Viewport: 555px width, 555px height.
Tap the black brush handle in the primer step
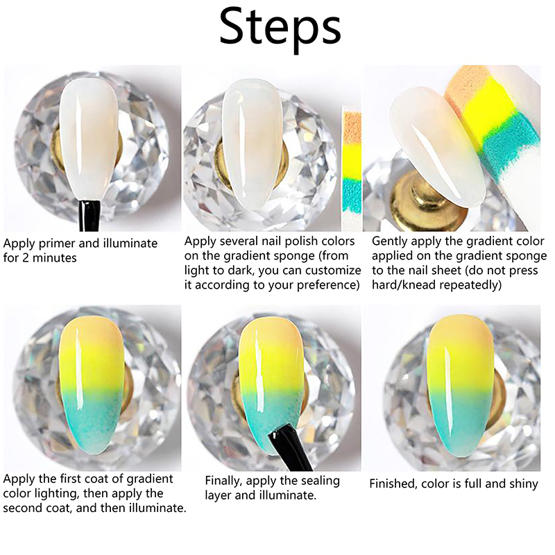coord(89,215)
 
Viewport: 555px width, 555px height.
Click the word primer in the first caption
coord(58,244)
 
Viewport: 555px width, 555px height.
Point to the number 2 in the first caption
coord(25,257)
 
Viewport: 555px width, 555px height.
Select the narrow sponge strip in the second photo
coord(352,171)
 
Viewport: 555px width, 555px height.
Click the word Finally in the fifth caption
coord(223,481)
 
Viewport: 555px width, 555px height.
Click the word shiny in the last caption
coord(522,484)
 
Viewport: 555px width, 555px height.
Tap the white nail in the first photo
coord(90,142)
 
